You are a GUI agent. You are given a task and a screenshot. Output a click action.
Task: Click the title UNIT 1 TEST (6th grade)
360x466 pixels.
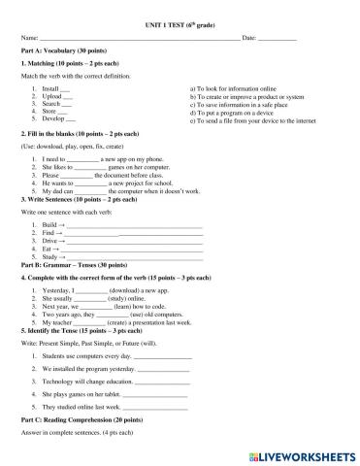coord(180,19)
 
